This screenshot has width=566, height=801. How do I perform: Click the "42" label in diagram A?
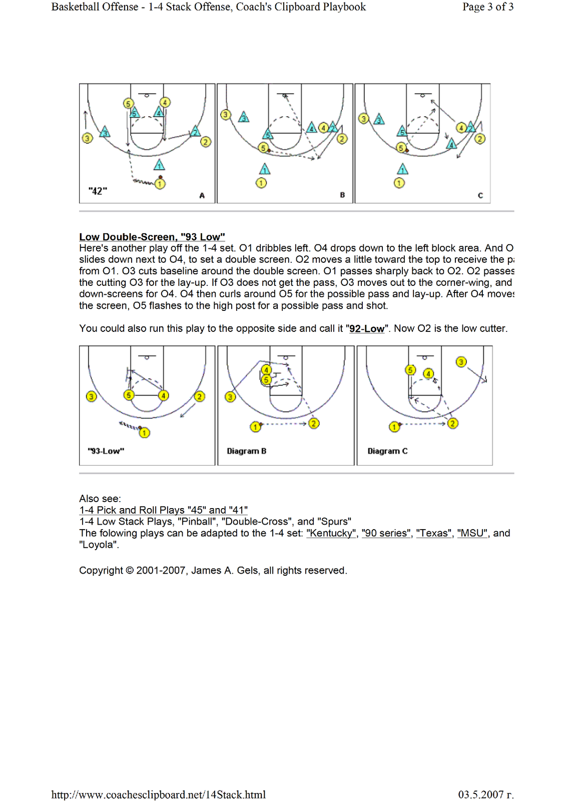(98, 191)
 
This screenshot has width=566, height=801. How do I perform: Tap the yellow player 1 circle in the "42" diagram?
(160, 184)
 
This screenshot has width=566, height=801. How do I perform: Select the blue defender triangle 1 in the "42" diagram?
(159, 165)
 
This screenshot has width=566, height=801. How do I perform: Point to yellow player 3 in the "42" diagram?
(88, 138)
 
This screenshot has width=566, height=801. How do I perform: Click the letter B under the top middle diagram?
(342, 195)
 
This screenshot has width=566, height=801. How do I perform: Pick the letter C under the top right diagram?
(480, 195)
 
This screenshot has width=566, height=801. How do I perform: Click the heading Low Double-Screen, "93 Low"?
(152, 237)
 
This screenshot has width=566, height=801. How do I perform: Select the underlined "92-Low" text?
(367, 329)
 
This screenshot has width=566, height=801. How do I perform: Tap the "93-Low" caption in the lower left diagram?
(106, 451)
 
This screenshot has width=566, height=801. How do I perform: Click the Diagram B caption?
(246, 451)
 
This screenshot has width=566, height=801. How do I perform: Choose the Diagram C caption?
(387, 451)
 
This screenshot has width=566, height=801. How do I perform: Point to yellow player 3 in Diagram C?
(461, 362)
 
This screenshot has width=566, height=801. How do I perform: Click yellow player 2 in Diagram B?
(314, 424)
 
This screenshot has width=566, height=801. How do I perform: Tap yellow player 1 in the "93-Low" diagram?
(145, 433)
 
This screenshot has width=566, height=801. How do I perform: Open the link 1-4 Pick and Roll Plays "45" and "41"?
(163, 510)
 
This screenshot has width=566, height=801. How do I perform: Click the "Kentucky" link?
(331, 533)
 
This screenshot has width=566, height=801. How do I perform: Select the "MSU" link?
(472, 533)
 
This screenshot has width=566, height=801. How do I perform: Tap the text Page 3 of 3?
(487, 7)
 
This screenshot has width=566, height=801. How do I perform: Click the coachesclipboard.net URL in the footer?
(158, 794)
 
